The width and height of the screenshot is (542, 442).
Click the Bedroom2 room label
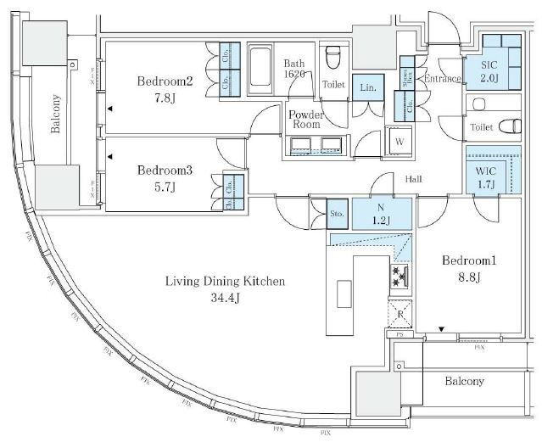166,81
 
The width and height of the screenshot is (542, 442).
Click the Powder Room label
305,119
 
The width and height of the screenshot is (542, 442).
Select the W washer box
398,141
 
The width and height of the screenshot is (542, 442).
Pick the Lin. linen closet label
367,87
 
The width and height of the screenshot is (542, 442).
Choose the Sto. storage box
337,214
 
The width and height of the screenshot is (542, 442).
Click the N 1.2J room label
383,214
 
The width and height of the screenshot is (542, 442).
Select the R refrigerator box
400,314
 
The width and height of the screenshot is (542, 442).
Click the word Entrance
443,79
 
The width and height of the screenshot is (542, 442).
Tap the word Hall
414,179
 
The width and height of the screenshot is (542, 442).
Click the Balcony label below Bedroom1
465,381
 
